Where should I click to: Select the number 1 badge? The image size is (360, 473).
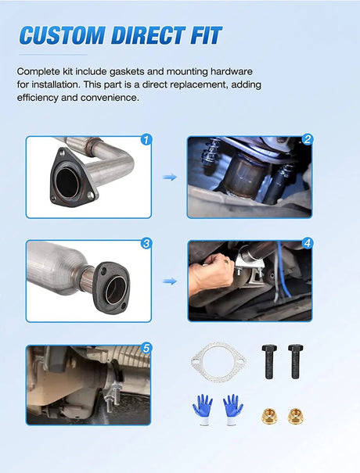tap(145, 139)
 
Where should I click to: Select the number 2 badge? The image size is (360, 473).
tap(308, 140)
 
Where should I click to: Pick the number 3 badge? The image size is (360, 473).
tap(146, 243)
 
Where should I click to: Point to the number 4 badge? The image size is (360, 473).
tap(308, 243)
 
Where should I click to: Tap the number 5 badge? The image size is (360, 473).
tap(146, 347)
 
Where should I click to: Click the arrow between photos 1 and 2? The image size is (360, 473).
tap(169, 177)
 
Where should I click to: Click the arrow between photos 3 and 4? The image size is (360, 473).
tap(169, 281)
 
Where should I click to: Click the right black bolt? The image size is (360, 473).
tap(295, 361)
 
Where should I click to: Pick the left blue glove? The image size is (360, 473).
tap(203, 409)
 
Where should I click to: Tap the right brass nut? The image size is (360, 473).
tap(295, 414)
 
